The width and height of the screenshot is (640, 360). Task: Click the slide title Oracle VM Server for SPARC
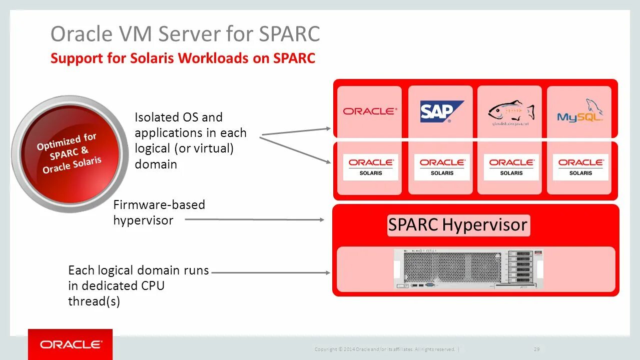(x=185, y=34)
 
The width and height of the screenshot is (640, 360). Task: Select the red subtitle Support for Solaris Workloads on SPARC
(x=183, y=58)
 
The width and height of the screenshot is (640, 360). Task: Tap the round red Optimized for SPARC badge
(x=70, y=153)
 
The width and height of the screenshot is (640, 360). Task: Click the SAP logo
(x=440, y=112)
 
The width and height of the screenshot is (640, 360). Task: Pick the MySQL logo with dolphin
(x=580, y=112)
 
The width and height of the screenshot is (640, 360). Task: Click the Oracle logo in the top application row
(x=370, y=111)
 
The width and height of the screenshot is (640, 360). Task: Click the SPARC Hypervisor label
(x=458, y=225)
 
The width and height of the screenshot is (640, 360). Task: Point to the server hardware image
(x=468, y=269)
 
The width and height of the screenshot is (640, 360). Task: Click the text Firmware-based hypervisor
(x=159, y=212)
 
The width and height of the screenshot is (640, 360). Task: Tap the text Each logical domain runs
(x=138, y=270)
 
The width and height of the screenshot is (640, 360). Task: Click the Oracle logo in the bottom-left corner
(x=71, y=344)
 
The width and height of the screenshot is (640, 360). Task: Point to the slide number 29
(x=536, y=349)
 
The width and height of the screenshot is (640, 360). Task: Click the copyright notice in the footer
(x=384, y=349)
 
